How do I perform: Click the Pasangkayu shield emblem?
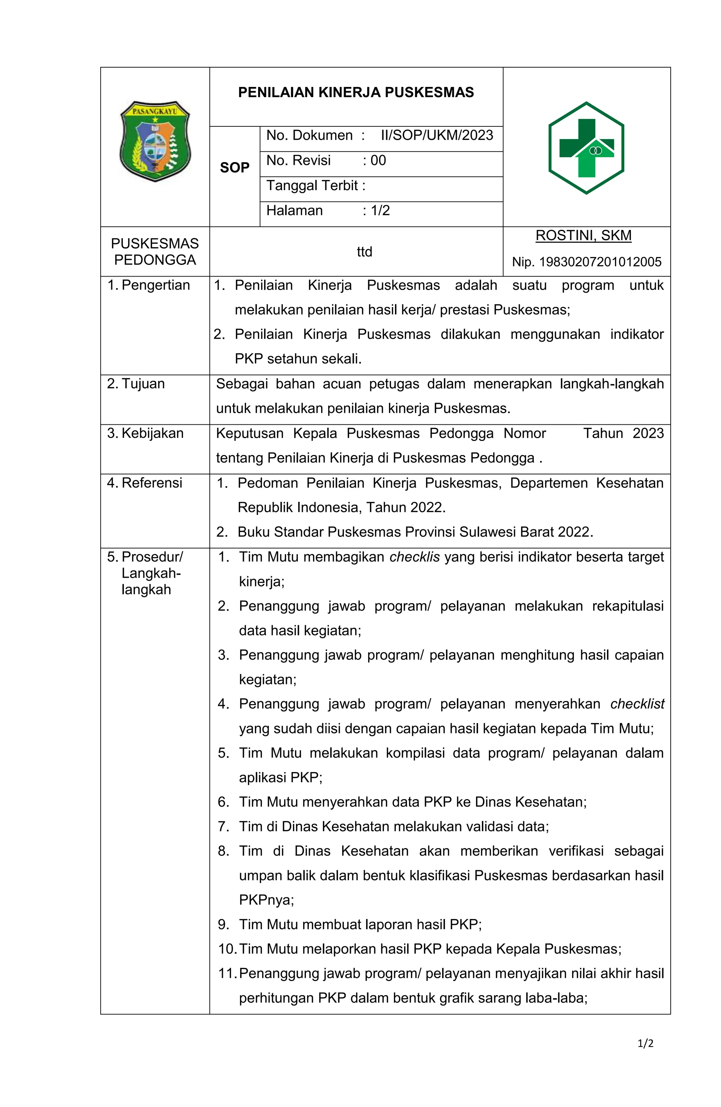[155, 141]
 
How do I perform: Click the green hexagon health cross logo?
[586, 148]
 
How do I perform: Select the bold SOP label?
[234, 167]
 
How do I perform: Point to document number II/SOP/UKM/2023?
[437, 135]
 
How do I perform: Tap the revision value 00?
[378, 161]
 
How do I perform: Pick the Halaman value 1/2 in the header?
[380, 211]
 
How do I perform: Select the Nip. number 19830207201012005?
[600, 262]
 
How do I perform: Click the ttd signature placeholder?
[364, 251]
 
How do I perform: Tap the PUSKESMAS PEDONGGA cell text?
[155, 251]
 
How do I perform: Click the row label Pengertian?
[155, 285]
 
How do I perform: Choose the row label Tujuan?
[143, 384]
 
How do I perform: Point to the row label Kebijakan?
[152, 433]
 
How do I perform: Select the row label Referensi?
[151, 483]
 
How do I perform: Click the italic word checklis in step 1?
[414, 557]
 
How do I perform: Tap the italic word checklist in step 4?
[637, 704]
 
